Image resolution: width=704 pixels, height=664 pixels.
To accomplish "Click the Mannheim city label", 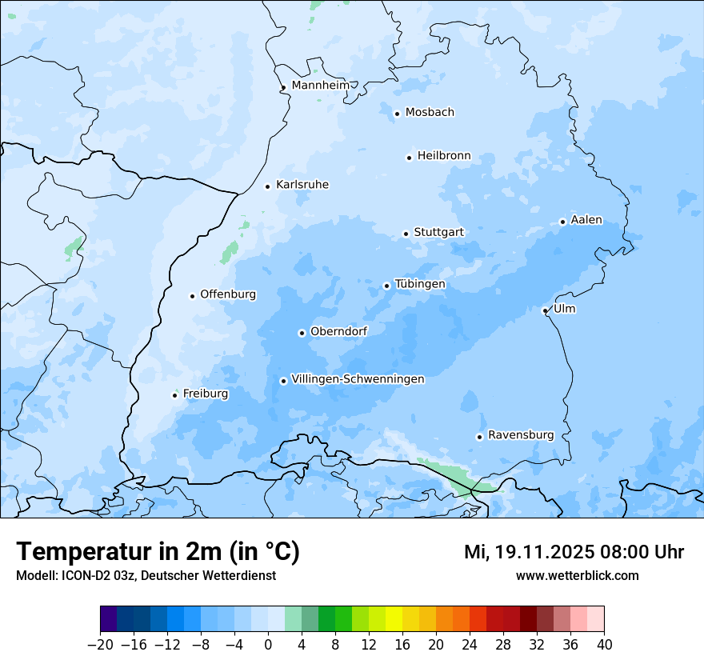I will pyautogui.click(x=320, y=86).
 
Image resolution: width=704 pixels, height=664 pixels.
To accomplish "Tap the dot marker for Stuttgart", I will pyautogui.click(x=406, y=234).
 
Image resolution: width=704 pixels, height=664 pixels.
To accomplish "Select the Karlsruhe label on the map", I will pyautogui.click(x=302, y=185).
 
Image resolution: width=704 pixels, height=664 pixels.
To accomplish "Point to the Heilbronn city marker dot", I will pyautogui.click(x=409, y=158).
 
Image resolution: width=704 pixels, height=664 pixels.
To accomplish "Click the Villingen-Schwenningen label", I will pyautogui.click(x=358, y=379).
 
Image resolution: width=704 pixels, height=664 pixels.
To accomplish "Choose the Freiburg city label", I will pyautogui.click(x=205, y=394).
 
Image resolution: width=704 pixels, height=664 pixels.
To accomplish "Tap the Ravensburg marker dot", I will pyautogui.click(x=479, y=437).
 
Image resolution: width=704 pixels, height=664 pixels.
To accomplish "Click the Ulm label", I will pyautogui.click(x=564, y=309).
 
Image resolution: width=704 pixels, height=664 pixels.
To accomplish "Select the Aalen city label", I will pyautogui.click(x=586, y=220).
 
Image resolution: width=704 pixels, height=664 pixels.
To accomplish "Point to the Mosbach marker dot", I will pyautogui.click(x=397, y=114).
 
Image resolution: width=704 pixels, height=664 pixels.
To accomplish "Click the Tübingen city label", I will pyautogui.click(x=420, y=284).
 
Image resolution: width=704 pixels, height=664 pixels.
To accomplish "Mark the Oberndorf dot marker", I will pyautogui.click(x=302, y=333).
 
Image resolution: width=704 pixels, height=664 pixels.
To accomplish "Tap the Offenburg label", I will pyautogui.click(x=228, y=294).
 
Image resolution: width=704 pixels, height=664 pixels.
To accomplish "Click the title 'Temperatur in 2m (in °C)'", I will pyautogui.click(x=158, y=552).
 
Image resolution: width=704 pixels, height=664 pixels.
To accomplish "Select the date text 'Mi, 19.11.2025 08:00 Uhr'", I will pyautogui.click(x=574, y=552).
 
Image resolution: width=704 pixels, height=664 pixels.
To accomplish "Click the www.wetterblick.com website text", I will pyautogui.click(x=577, y=575).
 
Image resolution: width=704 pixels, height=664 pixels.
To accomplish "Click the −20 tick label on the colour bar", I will pyautogui.click(x=100, y=645).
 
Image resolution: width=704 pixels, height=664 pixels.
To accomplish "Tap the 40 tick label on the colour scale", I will pyautogui.click(x=604, y=645).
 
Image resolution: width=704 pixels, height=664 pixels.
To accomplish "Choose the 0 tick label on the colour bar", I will pyautogui.click(x=268, y=645).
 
